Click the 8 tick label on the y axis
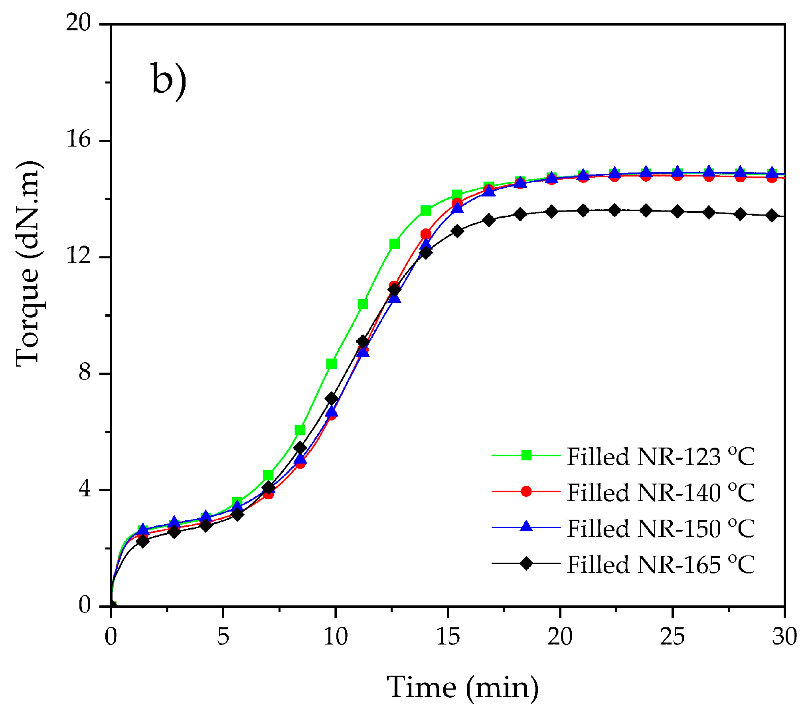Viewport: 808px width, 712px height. (x=85, y=373)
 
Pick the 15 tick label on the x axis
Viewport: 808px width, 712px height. (x=448, y=637)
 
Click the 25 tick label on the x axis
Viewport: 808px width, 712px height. (x=672, y=637)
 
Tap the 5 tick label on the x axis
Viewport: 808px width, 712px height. (x=223, y=637)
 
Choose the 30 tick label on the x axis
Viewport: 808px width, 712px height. (x=784, y=637)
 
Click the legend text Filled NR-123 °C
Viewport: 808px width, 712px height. (x=661, y=457)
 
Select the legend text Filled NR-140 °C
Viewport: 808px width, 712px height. (x=661, y=493)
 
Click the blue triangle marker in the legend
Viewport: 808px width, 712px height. (x=526, y=527)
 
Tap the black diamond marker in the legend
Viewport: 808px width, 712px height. (x=526, y=563)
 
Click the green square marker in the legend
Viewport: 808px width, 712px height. (x=526, y=455)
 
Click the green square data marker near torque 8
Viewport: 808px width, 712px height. (x=331, y=364)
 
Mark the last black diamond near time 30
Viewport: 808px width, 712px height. (x=772, y=216)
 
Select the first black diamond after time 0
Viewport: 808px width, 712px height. (x=142, y=541)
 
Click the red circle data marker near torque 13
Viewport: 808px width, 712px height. (x=426, y=234)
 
